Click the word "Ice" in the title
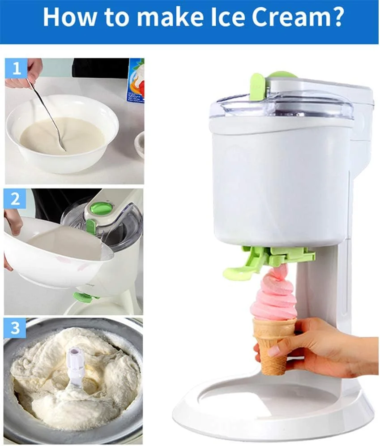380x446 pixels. pos(224,17)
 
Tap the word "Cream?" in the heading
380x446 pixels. pos(297,17)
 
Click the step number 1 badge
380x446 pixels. pos(16,68)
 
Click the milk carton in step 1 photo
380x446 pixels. pos(135,81)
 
